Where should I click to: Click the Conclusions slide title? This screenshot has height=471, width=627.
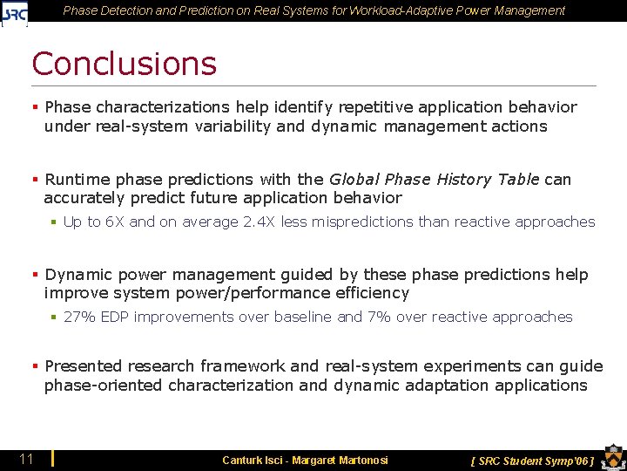pos(124,64)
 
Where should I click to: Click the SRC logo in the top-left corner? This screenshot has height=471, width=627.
pos(15,12)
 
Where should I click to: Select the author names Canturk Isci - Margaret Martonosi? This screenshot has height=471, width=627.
pos(305,460)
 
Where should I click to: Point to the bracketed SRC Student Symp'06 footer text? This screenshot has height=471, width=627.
pos(531,460)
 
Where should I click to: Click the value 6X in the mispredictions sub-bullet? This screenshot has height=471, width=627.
pos(115,222)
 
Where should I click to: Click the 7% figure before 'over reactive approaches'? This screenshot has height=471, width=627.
pos(379,317)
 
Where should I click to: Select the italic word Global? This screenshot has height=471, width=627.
pos(354,179)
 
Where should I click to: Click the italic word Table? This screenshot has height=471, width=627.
pos(519,179)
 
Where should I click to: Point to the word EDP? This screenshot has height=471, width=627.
pos(115,317)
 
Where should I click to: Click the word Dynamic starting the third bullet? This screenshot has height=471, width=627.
pos(80,275)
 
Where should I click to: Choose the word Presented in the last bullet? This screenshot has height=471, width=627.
pos(86,365)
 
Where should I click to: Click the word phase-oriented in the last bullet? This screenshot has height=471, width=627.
pos(104,385)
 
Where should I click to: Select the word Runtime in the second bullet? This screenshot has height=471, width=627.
pos(78,179)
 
